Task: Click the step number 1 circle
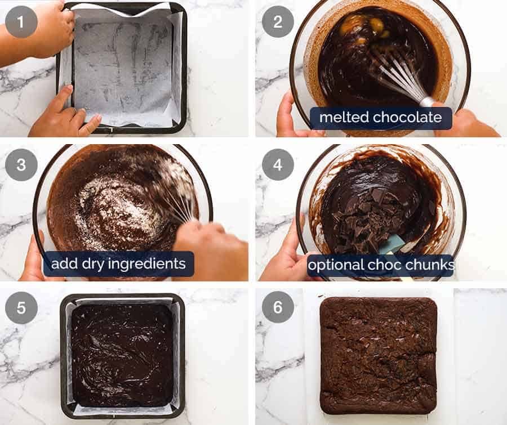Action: coord(21,22)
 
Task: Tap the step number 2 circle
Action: coord(278,22)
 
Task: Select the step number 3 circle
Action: coord(21,165)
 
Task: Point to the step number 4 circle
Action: coord(278,165)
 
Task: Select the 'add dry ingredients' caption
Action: coord(119,263)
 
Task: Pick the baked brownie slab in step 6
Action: coord(378,355)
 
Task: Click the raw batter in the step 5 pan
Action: coord(121,355)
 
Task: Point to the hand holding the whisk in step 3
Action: coord(208,242)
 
